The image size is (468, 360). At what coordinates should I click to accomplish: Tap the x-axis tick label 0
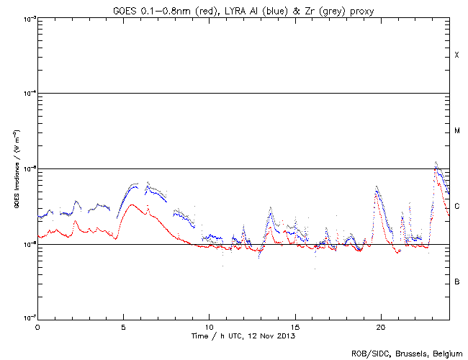37,326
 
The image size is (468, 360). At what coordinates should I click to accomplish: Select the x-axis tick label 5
123,326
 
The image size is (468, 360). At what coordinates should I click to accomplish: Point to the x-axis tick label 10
209,326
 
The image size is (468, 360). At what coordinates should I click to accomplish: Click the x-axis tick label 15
294,326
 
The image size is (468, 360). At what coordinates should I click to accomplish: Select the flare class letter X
456,55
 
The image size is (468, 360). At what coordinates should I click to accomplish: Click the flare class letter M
456,131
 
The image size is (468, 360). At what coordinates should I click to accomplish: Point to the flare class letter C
456,207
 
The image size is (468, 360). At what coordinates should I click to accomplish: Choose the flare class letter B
456,282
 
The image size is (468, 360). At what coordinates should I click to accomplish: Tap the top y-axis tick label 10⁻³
29,19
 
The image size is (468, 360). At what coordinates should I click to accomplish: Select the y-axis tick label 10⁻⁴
29,94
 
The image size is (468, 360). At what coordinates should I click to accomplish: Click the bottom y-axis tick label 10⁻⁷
29,318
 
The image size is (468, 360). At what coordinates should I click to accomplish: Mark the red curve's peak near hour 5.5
130,204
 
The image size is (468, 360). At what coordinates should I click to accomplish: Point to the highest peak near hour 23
436,163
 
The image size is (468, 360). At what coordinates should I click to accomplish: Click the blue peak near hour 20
377,189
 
